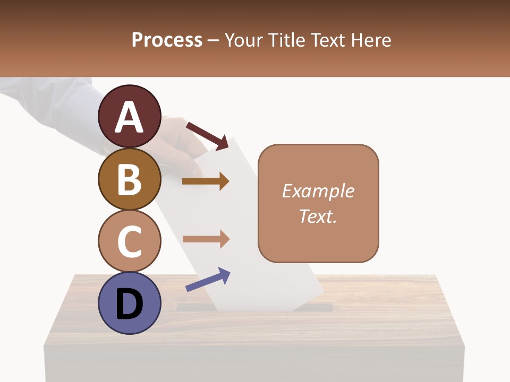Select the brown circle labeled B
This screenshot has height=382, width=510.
pyautogui.click(x=129, y=179)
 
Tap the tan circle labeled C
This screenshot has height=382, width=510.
pyautogui.click(x=129, y=241)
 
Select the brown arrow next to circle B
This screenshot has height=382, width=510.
pyautogui.click(x=206, y=181)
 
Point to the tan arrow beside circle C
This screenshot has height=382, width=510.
pyautogui.click(x=206, y=239)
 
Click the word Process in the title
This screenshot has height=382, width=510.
pyautogui.click(x=167, y=40)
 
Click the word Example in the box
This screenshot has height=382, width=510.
pyautogui.click(x=318, y=191)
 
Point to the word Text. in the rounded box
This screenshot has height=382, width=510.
pyautogui.click(x=318, y=216)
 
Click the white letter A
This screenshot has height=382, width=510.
pyautogui.click(x=129, y=118)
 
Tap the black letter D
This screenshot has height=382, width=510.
pyautogui.click(x=129, y=305)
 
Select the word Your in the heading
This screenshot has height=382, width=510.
pyautogui.click(x=244, y=40)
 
